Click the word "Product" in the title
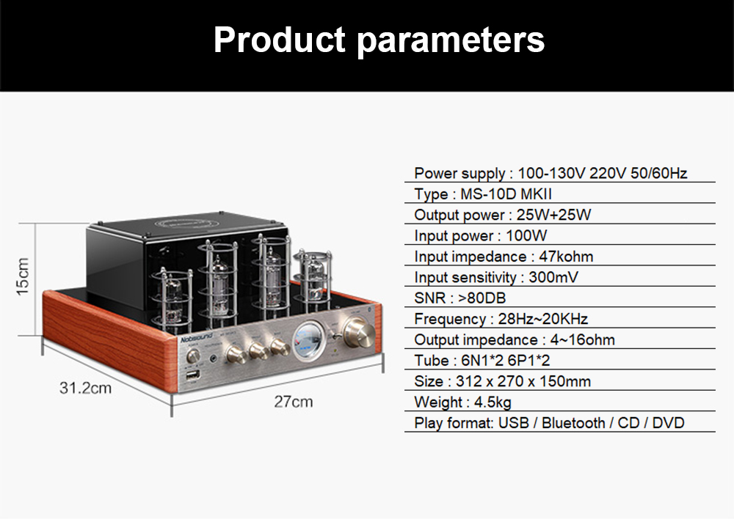(280, 40)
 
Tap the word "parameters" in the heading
(451, 42)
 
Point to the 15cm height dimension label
(23, 277)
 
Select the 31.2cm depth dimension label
(85, 388)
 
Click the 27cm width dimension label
(294, 402)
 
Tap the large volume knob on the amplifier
(358, 332)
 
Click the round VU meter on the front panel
(310, 340)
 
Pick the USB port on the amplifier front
(193, 375)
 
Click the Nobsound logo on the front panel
(197, 337)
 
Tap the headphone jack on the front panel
(214, 359)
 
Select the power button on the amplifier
(192, 356)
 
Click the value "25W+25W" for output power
(553, 215)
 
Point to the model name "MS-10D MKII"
(506, 194)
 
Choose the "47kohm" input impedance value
(566, 257)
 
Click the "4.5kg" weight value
(493, 402)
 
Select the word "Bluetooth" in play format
(573, 423)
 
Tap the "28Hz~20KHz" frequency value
(543, 319)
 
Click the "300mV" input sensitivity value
(553, 277)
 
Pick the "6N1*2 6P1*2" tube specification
(506, 361)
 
